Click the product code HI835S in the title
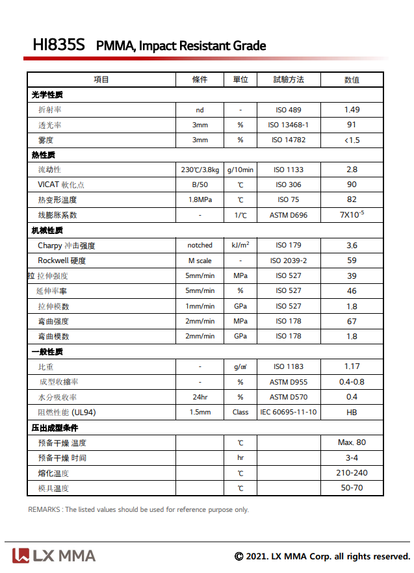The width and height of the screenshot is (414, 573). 58,45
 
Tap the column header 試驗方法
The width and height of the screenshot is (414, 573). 289,80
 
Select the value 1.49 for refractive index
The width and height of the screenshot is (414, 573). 352,110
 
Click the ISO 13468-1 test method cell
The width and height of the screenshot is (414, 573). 289,125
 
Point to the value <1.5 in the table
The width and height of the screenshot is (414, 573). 352,140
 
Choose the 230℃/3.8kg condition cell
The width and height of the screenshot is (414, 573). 200,170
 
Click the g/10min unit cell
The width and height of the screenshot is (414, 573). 240,170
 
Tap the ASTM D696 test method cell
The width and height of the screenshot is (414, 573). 289,215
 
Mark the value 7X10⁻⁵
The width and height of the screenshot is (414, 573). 352,214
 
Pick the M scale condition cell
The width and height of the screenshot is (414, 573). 200,261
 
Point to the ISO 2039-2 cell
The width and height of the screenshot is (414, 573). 289,261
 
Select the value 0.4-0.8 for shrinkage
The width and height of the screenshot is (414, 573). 352,382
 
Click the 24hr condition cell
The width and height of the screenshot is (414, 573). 200,398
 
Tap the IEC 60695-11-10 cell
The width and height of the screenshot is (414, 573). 289,413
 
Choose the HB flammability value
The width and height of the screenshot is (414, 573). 352,413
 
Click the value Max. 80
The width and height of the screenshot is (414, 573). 352,442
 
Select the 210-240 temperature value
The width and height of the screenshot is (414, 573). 352,473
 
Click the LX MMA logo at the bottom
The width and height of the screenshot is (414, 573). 54,555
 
